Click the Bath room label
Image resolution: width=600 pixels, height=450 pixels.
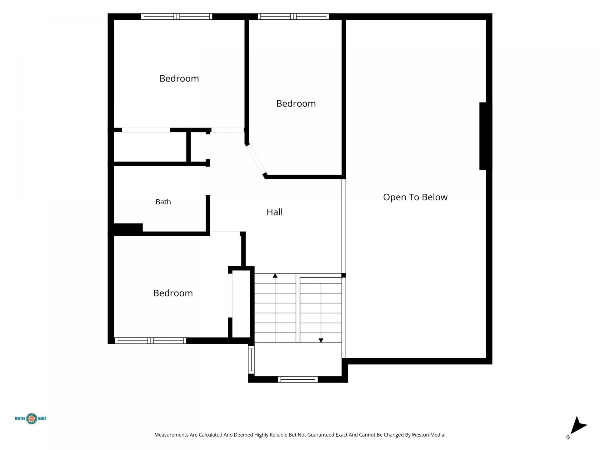point(163,202)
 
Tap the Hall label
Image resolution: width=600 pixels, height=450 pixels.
point(274,212)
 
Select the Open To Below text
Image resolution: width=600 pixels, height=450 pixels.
point(415,197)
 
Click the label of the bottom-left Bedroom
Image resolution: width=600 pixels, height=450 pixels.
point(173,293)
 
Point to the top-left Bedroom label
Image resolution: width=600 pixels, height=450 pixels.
point(179,78)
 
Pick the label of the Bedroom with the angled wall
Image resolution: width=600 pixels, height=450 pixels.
point(296,103)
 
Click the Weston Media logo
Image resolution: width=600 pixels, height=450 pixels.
point(31,418)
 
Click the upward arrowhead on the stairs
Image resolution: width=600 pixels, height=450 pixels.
point(275,276)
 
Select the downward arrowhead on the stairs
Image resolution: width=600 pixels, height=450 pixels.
point(321,341)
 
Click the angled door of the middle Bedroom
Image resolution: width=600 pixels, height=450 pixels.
point(256,159)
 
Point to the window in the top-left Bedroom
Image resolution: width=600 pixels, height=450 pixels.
point(177,17)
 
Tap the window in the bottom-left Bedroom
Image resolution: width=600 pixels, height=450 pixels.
point(151,341)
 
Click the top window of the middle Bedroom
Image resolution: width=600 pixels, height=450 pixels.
point(293,17)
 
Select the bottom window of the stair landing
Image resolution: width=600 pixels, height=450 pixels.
point(298,379)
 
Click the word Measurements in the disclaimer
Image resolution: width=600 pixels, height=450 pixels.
point(171,435)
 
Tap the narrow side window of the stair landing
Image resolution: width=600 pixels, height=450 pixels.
point(251,360)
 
